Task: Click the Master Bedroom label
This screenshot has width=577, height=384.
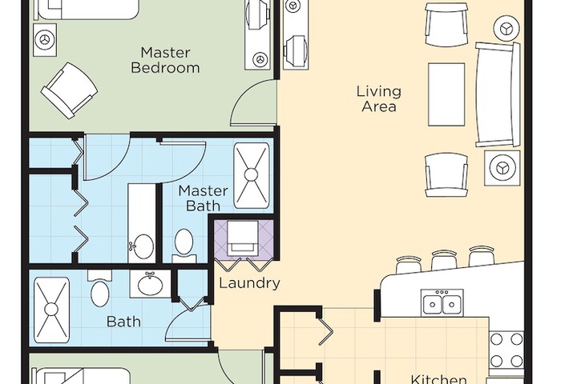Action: pyautogui.click(x=166, y=60)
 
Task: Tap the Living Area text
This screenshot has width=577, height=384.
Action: pyautogui.click(x=378, y=99)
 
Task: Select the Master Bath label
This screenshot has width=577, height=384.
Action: pyautogui.click(x=203, y=198)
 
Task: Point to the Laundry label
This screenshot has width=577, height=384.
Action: pyautogui.click(x=249, y=283)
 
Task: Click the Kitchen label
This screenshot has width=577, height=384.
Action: pyautogui.click(x=438, y=379)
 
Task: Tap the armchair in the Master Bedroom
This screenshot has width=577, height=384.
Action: pyautogui.click(x=69, y=90)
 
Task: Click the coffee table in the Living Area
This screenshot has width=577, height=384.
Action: pyautogui.click(x=446, y=94)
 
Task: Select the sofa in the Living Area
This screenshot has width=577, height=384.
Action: pyautogui.click(x=498, y=94)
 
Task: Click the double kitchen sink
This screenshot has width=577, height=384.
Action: pyautogui.click(x=442, y=302)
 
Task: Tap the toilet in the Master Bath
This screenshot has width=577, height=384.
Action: pyautogui.click(x=184, y=244)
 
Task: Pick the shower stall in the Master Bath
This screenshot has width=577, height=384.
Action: pyautogui.click(x=252, y=176)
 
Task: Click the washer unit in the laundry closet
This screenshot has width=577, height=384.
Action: pyautogui.click(x=244, y=238)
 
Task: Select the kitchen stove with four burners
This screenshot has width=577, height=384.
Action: pyautogui.click(x=506, y=350)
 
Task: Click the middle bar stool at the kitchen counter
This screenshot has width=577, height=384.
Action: pyautogui.click(x=444, y=259)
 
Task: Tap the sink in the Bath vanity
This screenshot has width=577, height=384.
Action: pyautogui.click(x=150, y=284)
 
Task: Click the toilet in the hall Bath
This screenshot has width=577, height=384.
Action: pyautogui.click(x=99, y=289)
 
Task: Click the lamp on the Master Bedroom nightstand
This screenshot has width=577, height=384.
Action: pyautogui.click(x=45, y=40)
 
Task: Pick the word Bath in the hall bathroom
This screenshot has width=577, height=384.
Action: pyautogui.click(x=123, y=322)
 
